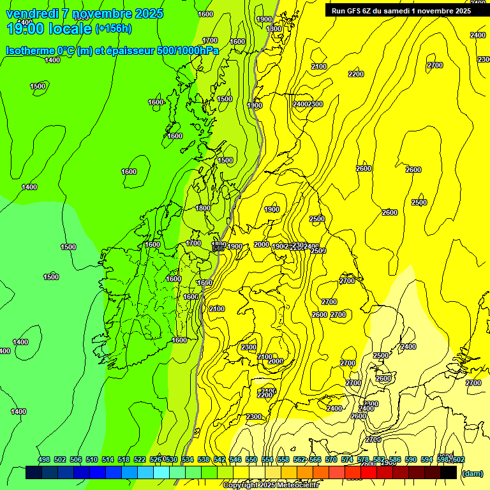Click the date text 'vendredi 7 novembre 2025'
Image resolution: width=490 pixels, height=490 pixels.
click(x=84, y=13)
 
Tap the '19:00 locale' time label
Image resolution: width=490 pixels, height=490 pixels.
click(x=49, y=28)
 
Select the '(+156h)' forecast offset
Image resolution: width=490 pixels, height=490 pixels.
click(x=114, y=29)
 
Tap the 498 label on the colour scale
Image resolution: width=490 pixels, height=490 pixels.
click(x=44, y=459)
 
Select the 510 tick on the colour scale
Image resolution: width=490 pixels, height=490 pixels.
click(x=92, y=459)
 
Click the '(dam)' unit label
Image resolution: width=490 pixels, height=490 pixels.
click(x=472, y=473)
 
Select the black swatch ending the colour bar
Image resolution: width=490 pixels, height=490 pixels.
click(x=449, y=473)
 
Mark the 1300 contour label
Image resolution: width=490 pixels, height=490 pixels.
click(x=274, y=29)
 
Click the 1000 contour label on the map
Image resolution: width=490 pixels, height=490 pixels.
click(x=255, y=106)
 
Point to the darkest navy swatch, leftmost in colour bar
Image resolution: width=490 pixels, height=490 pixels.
click(x=34, y=473)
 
